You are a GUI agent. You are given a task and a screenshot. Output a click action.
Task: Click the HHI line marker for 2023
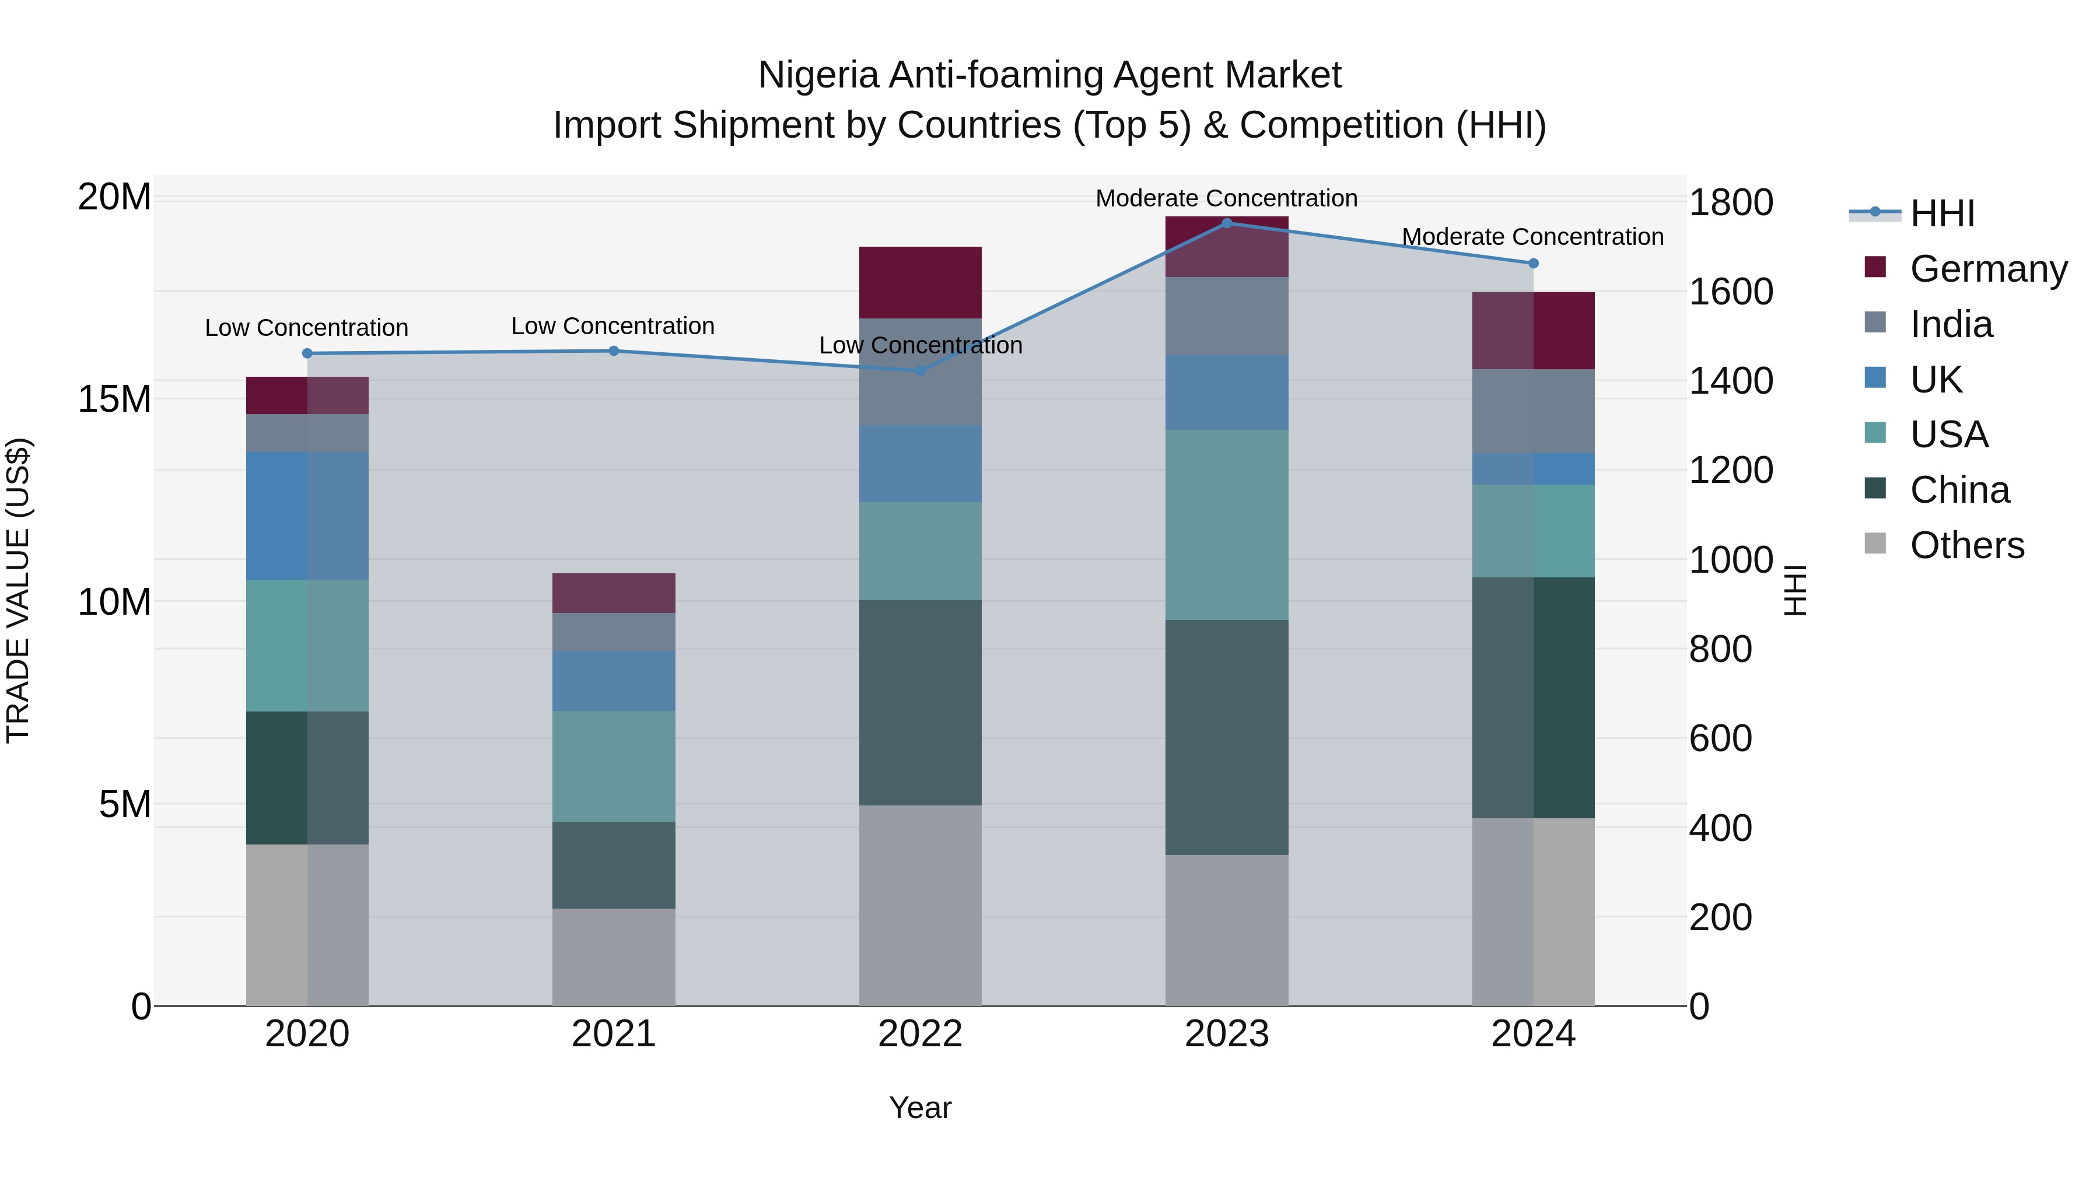pyautogui.click(x=1226, y=223)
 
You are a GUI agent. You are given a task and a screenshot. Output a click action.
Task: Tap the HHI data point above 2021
pyautogui.click(x=614, y=351)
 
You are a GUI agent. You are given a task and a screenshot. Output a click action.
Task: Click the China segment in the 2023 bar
pyautogui.click(x=1226, y=738)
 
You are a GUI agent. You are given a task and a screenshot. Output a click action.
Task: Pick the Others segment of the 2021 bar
pyautogui.click(x=614, y=957)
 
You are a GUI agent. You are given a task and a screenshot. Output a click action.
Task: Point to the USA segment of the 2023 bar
pyautogui.click(x=1226, y=525)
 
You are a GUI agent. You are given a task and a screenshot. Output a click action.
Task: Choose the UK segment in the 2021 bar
pyautogui.click(x=614, y=681)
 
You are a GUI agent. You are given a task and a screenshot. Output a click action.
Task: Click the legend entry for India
pyautogui.click(x=1950, y=324)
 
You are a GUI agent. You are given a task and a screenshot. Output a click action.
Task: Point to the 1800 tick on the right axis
pyautogui.click(x=1730, y=202)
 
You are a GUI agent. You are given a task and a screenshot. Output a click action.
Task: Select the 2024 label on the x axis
pyautogui.click(x=1532, y=1034)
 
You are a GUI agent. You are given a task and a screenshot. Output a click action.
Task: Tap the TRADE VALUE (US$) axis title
pyautogui.click(x=18, y=590)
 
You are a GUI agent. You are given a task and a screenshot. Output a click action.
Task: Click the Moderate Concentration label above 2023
pyautogui.click(x=1226, y=198)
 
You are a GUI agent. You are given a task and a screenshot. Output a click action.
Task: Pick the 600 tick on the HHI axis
pyautogui.click(x=1720, y=738)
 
